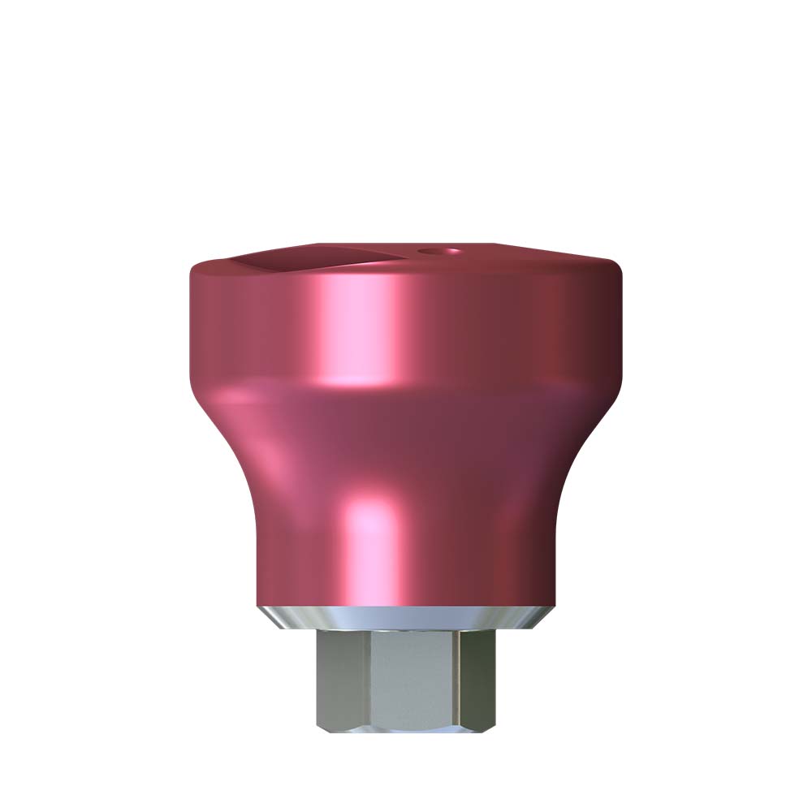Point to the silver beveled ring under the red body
tap(406, 617)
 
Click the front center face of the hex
tap(410, 682)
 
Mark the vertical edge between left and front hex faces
tap(367, 682)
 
